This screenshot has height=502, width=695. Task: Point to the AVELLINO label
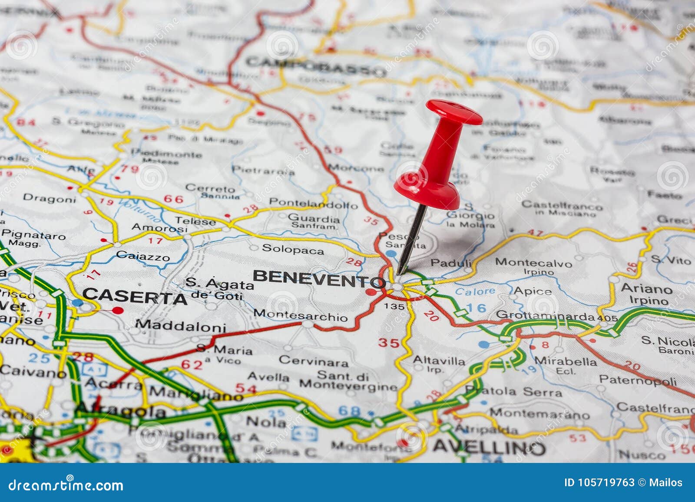pyautogui.click(x=488, y=446)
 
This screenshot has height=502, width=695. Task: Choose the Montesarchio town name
pyautogui.click(x=301, y=315)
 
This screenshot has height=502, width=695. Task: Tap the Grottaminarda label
pyautogui.click(x=545, y=315)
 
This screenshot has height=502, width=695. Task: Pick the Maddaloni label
pyautogui.click(x=180, y=326)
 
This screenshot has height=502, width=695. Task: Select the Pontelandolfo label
pyautogui.click(x=313, y=203)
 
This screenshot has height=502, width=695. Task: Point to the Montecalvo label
pyautogui.click(x=533, y=262)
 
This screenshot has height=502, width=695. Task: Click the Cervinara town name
pyautogui.click(x=313, y=361)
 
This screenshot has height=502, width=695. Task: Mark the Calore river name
pyautogui.click(x=475, y=291)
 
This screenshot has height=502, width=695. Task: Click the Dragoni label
pyautogui.click(x=49, y=199)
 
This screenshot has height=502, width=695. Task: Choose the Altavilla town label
pyautogui.click(x=439, y=360)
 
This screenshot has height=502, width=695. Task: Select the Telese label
pyautogui.click(x=195, y=221)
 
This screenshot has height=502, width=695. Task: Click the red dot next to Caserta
pyautogui.click(x=117, y=310)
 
